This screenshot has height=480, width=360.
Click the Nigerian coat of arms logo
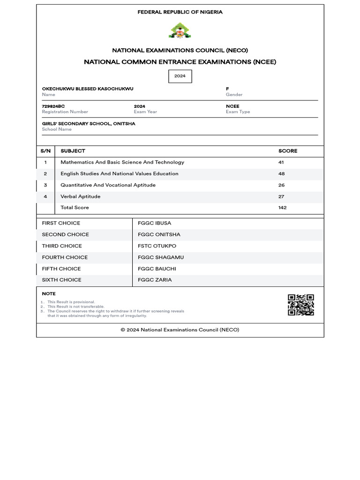pos(180,30)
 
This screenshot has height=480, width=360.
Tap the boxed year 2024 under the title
pos(180,76)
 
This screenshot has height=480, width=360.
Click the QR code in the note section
pos(300,305)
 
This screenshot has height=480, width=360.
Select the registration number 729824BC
pos(53,106)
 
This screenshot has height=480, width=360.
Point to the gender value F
pos(227,89)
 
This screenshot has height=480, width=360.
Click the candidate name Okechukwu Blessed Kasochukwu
pos(88,89)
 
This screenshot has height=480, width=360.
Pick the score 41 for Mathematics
pos(281,162)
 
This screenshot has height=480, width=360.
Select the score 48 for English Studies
pos(281,173)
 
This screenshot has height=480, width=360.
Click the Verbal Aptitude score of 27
pos(281,197)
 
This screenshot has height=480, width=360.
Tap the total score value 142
pos(282,208)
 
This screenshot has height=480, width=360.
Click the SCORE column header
pos(288,151)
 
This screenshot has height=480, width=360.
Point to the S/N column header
pos(45,151)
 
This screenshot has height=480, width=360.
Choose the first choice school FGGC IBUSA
pos(154,223)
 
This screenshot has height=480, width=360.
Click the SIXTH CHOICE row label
pos(61,280)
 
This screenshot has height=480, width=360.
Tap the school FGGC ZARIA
pos(155,280)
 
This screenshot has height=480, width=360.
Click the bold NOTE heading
pos(49,294)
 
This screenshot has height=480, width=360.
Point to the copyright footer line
pos(180,330)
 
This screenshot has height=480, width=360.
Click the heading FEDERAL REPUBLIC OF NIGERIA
pos(180,12)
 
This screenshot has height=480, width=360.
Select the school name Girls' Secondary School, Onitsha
pos(89,124)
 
